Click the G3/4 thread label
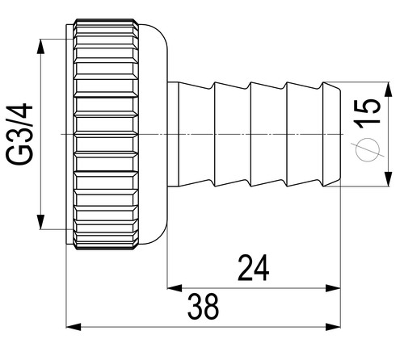[19, 134]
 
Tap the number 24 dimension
[253, 268]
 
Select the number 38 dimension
[204, 307]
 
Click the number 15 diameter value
[368, 112]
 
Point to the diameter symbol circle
[368, 149]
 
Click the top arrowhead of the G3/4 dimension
[40, 46]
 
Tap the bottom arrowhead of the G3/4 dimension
[40, 222]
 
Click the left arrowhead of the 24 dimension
[175, 288]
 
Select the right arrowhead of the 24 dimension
[333, 288]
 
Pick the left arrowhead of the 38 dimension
[74, 327]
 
